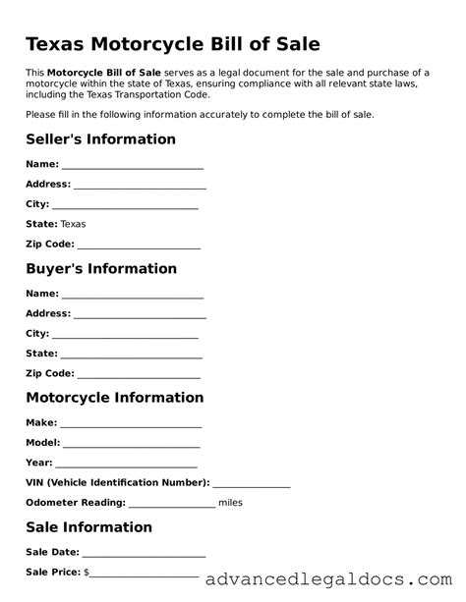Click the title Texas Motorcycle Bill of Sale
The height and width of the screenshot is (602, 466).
point(172,45)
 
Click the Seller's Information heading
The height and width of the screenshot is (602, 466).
point(100,139)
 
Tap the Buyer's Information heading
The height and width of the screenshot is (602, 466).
point(100,268)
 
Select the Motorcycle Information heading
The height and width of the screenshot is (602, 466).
point(114,398)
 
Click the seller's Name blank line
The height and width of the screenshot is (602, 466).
point(133,167)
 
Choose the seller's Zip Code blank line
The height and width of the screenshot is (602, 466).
point(139,246)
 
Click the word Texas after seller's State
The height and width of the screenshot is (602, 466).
point(73,224)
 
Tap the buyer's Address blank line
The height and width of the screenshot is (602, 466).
point(140,316)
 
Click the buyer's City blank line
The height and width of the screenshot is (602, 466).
point(126,336)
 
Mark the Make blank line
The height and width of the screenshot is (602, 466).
point(131,425)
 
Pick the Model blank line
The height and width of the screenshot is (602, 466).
point(133,445)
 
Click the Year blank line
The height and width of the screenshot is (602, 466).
point(127,465)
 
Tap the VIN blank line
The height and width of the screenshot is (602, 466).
point(251,485)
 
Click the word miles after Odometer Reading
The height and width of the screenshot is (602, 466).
point(230,503)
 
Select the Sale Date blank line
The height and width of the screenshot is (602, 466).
point(144,555)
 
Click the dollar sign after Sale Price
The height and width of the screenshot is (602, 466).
point(87,572)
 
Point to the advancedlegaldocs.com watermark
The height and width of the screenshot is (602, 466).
point(330,579)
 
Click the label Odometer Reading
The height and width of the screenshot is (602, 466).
point(75,503)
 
